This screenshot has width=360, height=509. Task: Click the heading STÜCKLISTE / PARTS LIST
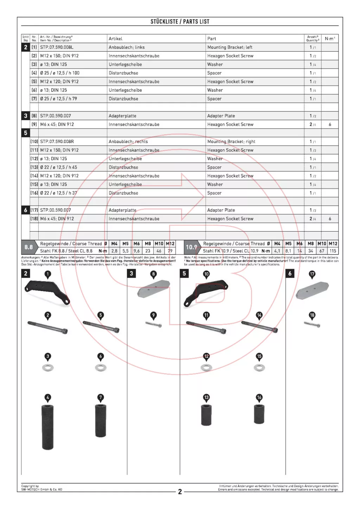(x=180, y=21)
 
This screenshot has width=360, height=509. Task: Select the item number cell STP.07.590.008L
(x=57, y=47)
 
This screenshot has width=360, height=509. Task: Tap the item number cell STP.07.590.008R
(x=57, y=141)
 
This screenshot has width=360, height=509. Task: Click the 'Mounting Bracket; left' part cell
(x=230, y=47)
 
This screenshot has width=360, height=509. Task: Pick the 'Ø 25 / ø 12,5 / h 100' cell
(x=60, y=73)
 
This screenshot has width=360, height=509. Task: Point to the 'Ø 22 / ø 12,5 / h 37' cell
(x=58, y=193)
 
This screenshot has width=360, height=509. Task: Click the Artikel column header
(x=115, y=39)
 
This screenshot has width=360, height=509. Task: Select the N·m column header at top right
(x=330, y=38)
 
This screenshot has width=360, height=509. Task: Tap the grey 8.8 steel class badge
(x=28, y=247)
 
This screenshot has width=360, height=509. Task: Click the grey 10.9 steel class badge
(x=191, y=247)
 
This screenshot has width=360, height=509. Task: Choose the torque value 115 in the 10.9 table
(x=333, y=251)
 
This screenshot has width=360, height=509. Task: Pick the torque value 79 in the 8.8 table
(x=170, y=251)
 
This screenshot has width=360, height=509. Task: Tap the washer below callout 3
(x=48, y=368)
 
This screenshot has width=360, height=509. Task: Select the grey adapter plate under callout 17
(x=312, y=290)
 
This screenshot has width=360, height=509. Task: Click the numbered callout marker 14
(x=259, y=315)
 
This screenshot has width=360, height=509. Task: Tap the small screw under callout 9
(x=154, y=324)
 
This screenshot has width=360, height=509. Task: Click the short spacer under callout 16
(x=259, y=414)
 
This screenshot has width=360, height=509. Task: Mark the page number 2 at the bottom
(x=180, y=491)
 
